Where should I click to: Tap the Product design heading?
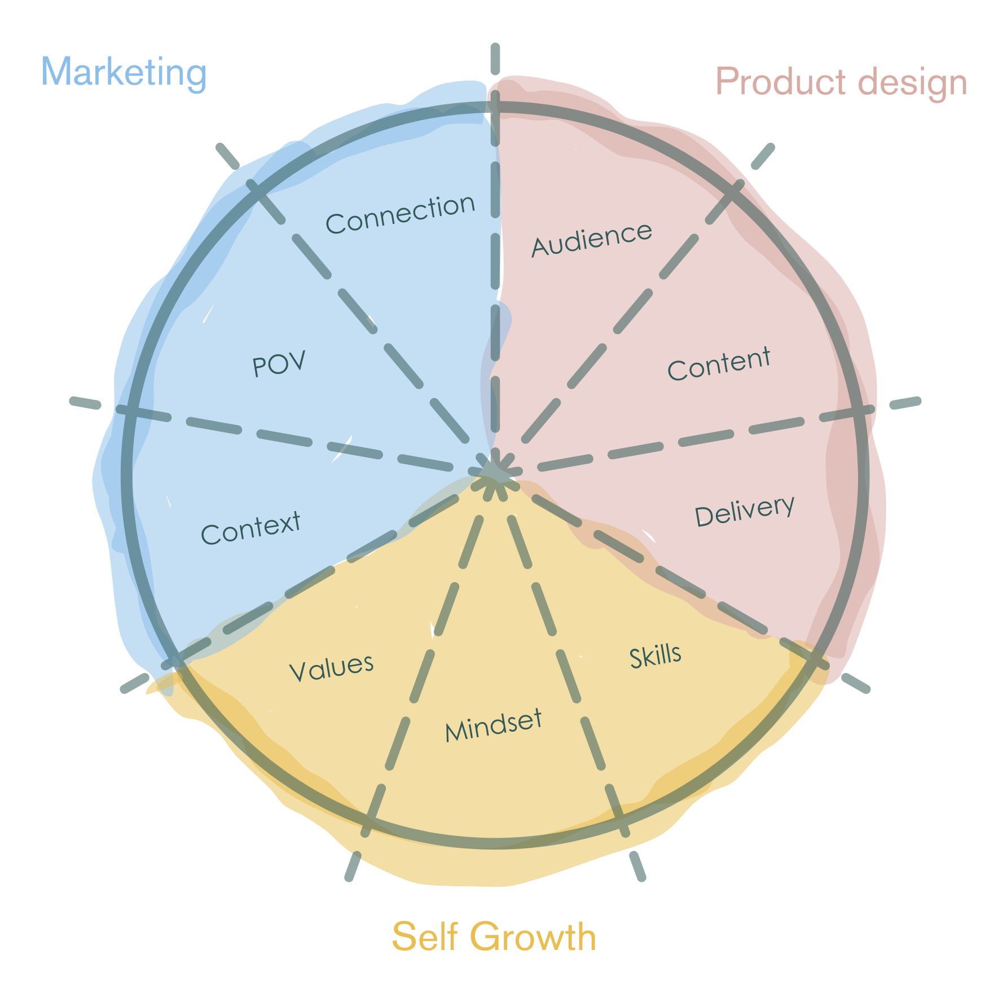[841, 82]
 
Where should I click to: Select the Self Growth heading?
[494, 936]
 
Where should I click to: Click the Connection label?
[401, 214]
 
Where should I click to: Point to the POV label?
[279, 364]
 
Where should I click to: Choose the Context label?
[250, 528]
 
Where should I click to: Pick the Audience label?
[592, 239]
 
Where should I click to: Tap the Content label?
[719, 364]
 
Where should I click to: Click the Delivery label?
[745, 511]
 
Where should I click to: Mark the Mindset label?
[493, 725]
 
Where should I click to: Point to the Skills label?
[655, 656]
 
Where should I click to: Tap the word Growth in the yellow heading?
[533, 936]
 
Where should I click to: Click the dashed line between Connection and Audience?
[495, 254]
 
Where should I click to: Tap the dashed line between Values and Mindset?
[434, 637]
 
